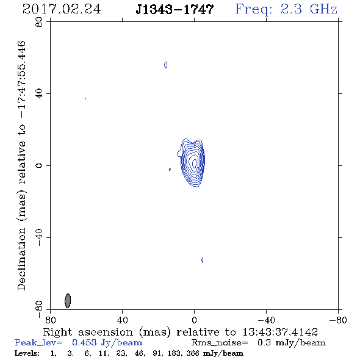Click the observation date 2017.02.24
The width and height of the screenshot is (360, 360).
click(62, 9)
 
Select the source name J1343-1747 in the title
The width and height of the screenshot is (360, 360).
click(175, 9)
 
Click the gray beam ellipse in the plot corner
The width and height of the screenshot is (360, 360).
click(68, 301)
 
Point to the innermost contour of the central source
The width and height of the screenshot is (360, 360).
click(194, 163)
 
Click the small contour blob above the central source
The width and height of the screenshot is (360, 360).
click(166, 65)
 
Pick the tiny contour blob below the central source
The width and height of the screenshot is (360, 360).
click(202, 260)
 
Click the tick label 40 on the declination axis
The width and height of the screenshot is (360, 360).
click(39, 94)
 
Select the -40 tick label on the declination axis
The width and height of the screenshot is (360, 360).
click(39, 237)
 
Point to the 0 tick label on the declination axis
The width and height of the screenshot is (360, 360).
click(39, 165)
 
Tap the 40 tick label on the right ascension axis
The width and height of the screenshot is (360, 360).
click(122, 320)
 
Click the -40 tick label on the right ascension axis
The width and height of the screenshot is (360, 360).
click(266, 320)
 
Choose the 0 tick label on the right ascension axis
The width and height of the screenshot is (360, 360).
click(194, 320)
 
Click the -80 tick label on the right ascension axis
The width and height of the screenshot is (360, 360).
click(338, 320)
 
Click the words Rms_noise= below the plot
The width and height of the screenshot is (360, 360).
click(220, 343)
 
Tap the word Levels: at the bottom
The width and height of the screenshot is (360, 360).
click(27, 353)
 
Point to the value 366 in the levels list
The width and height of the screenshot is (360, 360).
click(193, 353)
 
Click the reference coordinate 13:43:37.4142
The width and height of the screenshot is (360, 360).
click(280, 332)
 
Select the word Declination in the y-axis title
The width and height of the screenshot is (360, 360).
click(21, 259)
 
